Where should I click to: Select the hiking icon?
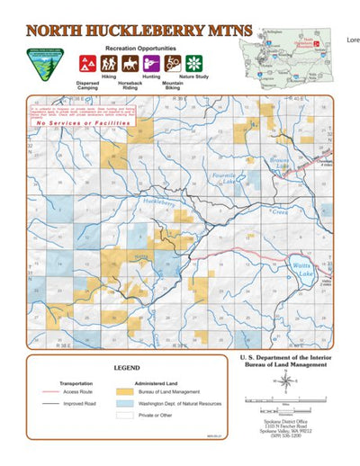coord(109,64)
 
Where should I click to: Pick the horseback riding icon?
coord(130,64)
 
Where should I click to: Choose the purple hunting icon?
coord(152,64)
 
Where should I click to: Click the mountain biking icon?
coord(173,64)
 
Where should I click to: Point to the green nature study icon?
coord(193,64)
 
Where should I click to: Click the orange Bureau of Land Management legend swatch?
coord(126,392)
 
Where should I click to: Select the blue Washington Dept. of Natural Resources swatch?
coord(126,405)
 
